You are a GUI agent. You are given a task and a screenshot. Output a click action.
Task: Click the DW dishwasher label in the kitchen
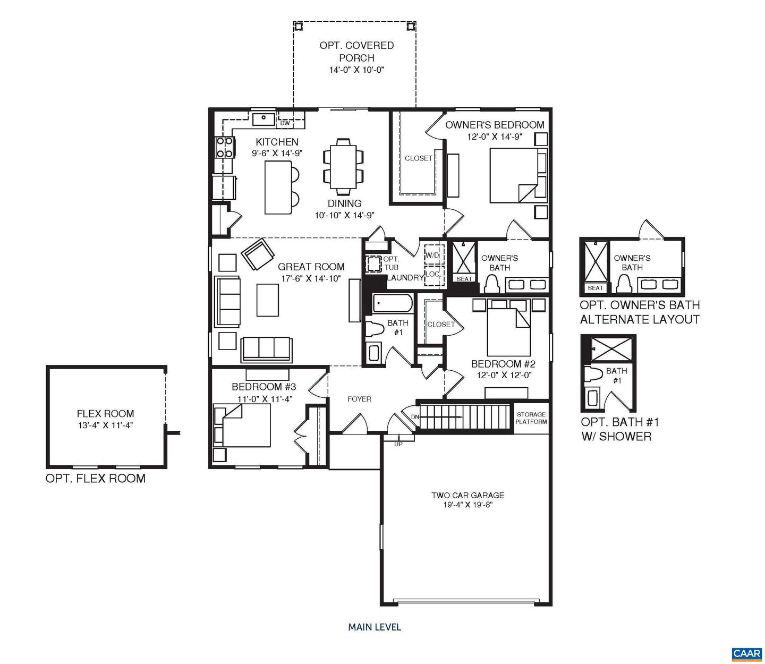point(285,123)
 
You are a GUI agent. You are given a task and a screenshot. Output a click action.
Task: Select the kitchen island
point(278,188)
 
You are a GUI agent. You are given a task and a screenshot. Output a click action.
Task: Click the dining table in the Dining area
point(344,166)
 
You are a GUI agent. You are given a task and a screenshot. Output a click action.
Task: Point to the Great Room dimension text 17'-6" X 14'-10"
point(311,278)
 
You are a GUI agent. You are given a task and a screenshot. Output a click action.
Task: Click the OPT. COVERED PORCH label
point(356,52)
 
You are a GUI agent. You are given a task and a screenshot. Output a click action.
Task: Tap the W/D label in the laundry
point(432,256)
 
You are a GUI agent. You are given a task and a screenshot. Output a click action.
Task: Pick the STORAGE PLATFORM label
point(531,418)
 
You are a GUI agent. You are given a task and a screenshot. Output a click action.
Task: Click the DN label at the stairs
point(415,417)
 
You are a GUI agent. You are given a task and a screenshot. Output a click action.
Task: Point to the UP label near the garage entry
point(398,444)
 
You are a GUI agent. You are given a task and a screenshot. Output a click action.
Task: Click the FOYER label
point(359,399)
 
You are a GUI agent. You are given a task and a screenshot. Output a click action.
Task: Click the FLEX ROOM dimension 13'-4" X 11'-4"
point(105,425)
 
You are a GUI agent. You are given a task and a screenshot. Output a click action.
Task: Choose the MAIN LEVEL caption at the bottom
point(375,627)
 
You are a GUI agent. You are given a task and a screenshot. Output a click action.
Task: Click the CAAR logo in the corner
point(746,653)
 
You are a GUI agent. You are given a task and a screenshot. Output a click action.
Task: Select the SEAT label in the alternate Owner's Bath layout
point(595,288)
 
